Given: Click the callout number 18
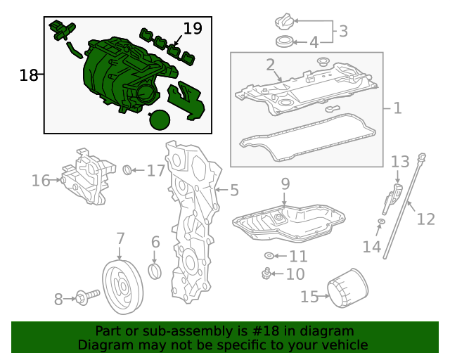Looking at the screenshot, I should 28,75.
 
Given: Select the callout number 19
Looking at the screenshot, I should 192,29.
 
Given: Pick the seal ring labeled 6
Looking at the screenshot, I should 155,271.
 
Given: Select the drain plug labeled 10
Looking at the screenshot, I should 266,273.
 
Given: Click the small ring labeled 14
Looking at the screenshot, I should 380,223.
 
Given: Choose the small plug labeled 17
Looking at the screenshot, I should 128,169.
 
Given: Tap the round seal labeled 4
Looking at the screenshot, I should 285,41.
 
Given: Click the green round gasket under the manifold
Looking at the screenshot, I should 160,120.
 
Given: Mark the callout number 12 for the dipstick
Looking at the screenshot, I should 425,219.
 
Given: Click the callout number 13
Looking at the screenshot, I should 399,162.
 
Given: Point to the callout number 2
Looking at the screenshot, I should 270,65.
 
